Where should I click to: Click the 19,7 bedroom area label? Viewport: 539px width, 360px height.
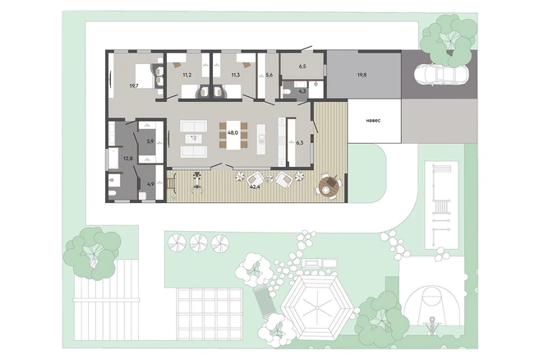(x=134, y=86)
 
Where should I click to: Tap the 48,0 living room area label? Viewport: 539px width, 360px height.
(x=233, y=132)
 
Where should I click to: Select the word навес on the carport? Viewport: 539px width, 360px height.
(x=373, y=121)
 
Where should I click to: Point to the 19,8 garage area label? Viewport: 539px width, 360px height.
(x=362, y=74)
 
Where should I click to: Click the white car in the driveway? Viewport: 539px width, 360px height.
(x=441, y=75)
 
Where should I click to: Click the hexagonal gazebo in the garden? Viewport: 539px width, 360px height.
(x=316, y=307)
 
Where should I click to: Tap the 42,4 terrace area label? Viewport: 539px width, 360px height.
(x=255, y=187)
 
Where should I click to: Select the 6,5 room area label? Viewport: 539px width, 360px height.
(x=302, y=67)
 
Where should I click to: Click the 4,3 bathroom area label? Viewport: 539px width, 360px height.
(x=302, y=91)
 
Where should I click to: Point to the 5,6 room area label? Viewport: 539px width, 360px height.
(x=269, y=75)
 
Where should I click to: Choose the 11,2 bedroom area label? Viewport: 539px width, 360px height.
(x=187, y=75)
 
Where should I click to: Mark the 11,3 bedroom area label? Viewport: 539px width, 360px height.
(x=236, y=75)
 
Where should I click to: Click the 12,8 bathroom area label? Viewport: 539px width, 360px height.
(x=128, y=159)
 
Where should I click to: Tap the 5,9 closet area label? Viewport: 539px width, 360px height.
(x=150, y=141)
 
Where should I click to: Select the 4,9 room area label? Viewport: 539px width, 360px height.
(x=150, y=184)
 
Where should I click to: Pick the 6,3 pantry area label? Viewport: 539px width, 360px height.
(x=299, y=143)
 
